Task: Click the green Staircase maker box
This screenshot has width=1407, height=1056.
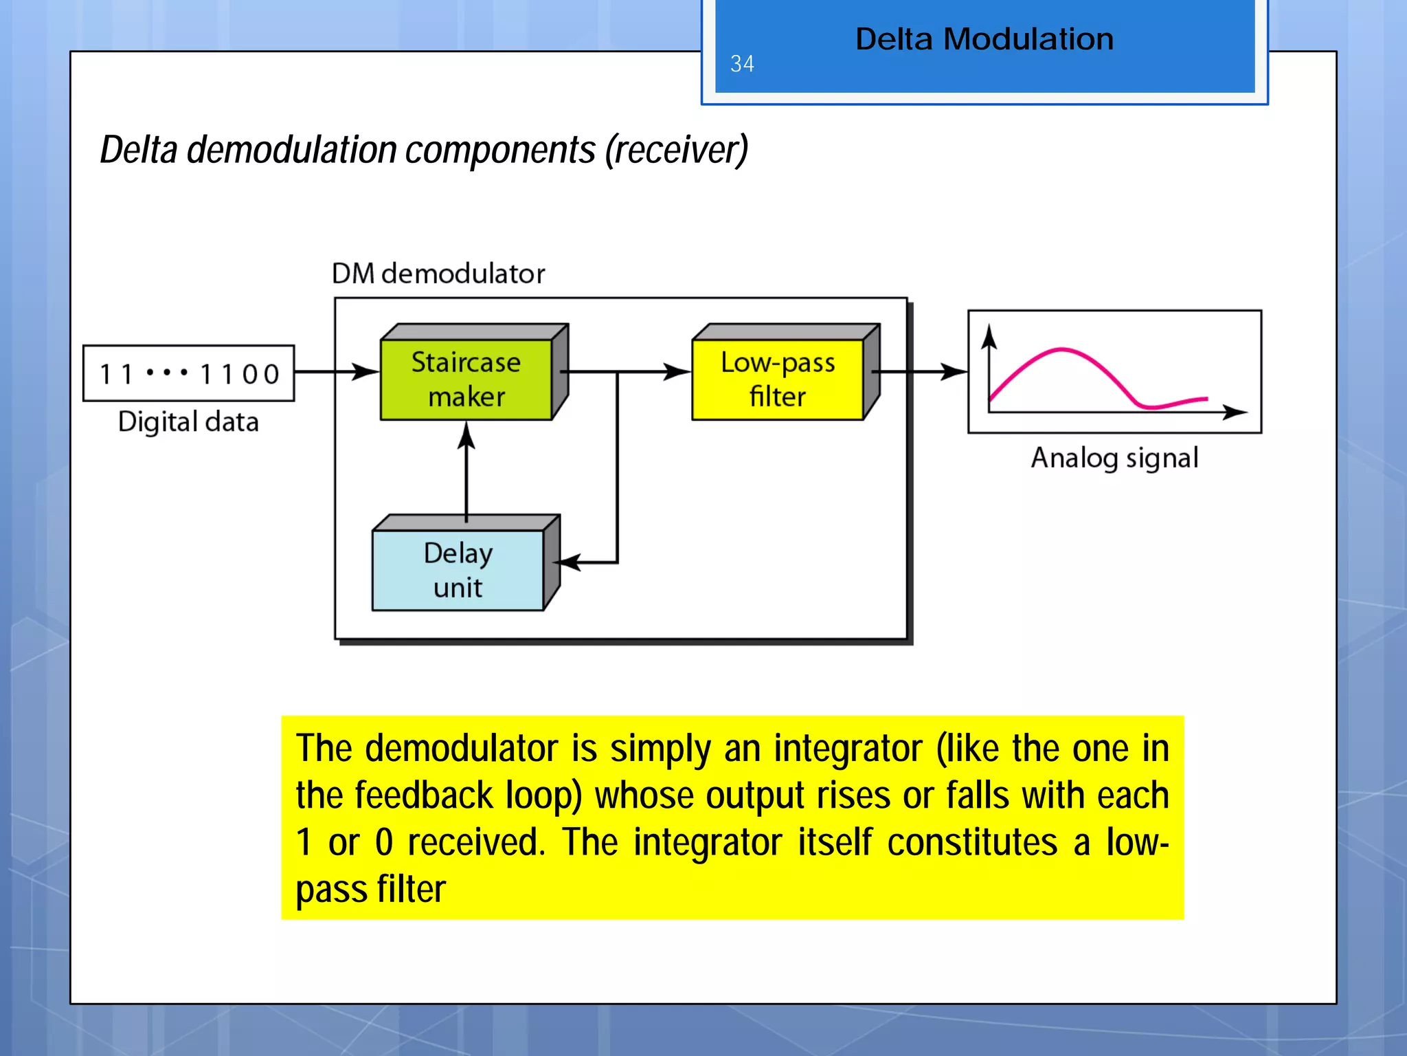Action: coord(466,379)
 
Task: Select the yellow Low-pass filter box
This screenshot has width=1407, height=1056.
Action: coord(777,379)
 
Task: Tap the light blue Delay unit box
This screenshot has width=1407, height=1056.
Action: coord(458,570)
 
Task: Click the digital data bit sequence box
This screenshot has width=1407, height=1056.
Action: coord(189,373)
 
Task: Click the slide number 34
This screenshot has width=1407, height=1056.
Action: coord(742,64)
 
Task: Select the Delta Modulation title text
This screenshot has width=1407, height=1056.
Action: coord(984,39)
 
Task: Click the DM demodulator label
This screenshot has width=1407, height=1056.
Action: coord(438,274)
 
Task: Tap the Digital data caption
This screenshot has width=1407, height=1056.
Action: coord(188,421)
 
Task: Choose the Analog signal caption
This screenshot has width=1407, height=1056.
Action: coord(1114,458)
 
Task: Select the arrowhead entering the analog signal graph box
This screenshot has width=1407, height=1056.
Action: coord(955,372)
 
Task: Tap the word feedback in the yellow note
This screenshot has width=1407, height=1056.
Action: coord(423,795)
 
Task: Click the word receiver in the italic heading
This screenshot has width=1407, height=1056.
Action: coord(677,150)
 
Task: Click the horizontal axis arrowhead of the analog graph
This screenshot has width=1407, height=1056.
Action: coord(1236,412)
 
